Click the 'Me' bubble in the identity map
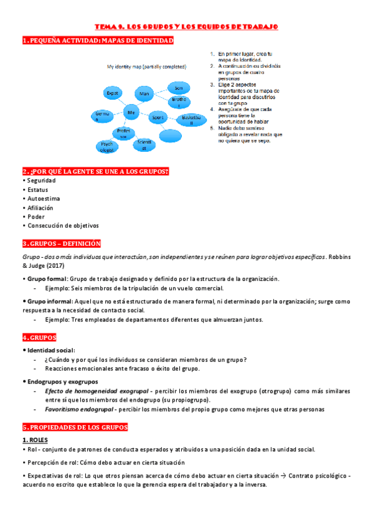pos(131,112)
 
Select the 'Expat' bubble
pos(112,93)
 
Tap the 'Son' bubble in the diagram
pos(179,87)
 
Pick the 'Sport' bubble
pos(158,116)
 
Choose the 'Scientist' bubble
pos(144,145)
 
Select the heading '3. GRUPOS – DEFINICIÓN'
pos(61,243)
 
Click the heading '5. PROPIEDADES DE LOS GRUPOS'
pos(75,428)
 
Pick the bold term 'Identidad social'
pos(51,351)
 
